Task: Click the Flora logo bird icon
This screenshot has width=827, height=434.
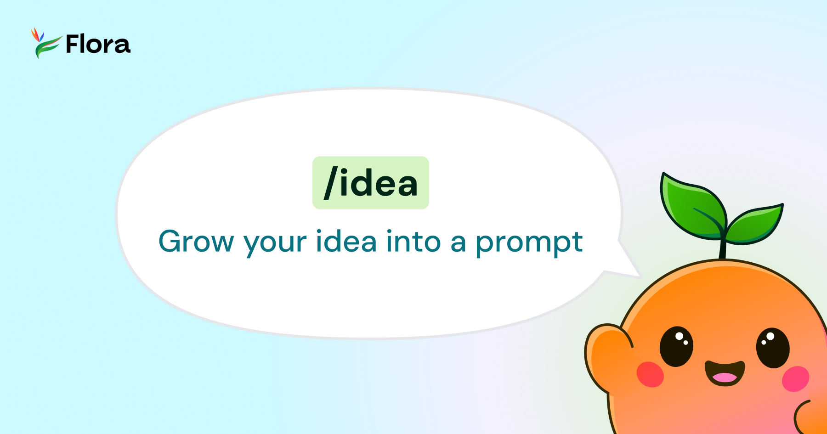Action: coord(45,43)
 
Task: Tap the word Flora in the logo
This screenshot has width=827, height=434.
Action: coord(98,45)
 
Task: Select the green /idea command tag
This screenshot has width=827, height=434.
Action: coord(370,183)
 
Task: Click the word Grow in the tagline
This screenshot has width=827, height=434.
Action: coord(196,242)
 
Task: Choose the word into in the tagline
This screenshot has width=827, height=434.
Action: coord(413,242)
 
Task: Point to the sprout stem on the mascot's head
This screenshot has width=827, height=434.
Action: coord(723,248)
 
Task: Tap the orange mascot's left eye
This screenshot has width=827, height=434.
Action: coord(676,346)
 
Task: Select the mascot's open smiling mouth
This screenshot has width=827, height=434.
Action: coord(725,372)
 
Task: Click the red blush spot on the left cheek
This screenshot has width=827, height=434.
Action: coord(650,374)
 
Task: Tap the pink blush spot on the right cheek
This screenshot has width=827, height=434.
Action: coord(795,378)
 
